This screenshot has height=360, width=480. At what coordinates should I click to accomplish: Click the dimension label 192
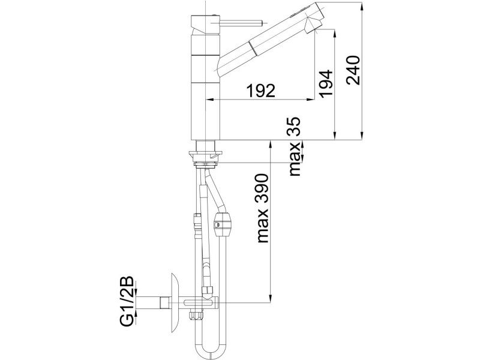pyautogui.click(x=261, y=91)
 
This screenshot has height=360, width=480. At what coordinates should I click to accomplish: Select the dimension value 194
pyautogui.click(x=325, y=83)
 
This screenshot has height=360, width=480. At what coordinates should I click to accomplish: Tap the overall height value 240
pyautogui.click(x=353, y=70)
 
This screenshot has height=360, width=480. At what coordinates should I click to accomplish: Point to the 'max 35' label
pyautogui.click(x=295, y=146)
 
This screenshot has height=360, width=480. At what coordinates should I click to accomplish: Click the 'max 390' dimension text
pyautogui.click(x=262, y=208)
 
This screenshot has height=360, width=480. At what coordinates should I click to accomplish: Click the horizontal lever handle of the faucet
pyautogui.click(x=241, y=23)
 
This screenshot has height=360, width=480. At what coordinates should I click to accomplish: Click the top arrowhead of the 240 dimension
pyautogui.click(x=362, y=7)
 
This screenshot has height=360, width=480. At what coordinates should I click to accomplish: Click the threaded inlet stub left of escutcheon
pyautogui.click(x=166, y=303)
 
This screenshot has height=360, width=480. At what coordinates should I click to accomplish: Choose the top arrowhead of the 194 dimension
pyautogui.click(x=335, y=33)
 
